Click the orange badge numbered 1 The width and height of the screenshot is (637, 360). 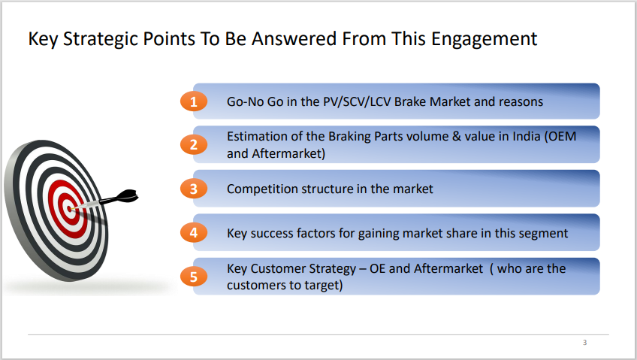[x=194, y=101]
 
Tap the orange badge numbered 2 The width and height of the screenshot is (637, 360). [x=194, y=145]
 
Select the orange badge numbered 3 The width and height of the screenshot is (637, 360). [x=194, y=189]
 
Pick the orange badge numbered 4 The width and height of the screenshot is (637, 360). [x=194, y=233]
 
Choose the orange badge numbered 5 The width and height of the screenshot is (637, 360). [x=194, y=277]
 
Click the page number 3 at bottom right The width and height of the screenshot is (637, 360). [x=584, y=343]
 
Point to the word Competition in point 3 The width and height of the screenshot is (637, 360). [x=262, y=189]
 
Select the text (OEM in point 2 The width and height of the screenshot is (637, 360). [x=560, y=137]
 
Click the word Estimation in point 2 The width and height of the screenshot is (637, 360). [x=257, y=137]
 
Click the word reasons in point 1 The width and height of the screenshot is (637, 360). [x=520, y=101]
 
